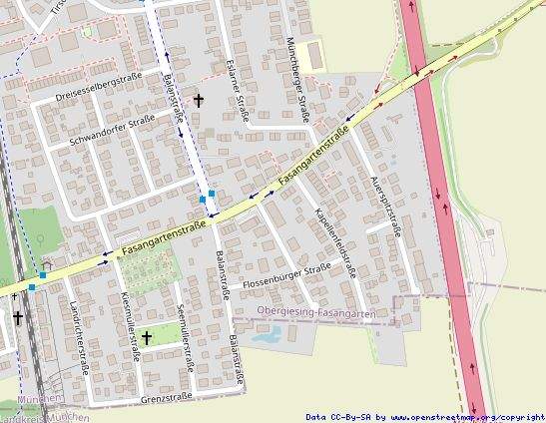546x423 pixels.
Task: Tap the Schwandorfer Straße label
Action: click(112, 131)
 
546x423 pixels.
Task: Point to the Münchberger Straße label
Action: click(299, 81)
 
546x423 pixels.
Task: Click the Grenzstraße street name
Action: click(167, 397)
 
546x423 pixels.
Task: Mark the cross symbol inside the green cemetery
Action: click(147, 337)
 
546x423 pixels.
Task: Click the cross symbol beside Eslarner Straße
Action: click(199, 100)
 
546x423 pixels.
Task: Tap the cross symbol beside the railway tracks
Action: click(17, 319)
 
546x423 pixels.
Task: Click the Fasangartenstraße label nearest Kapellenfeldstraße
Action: click(314, 153)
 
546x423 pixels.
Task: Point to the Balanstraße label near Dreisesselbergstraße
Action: click(172, 102)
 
